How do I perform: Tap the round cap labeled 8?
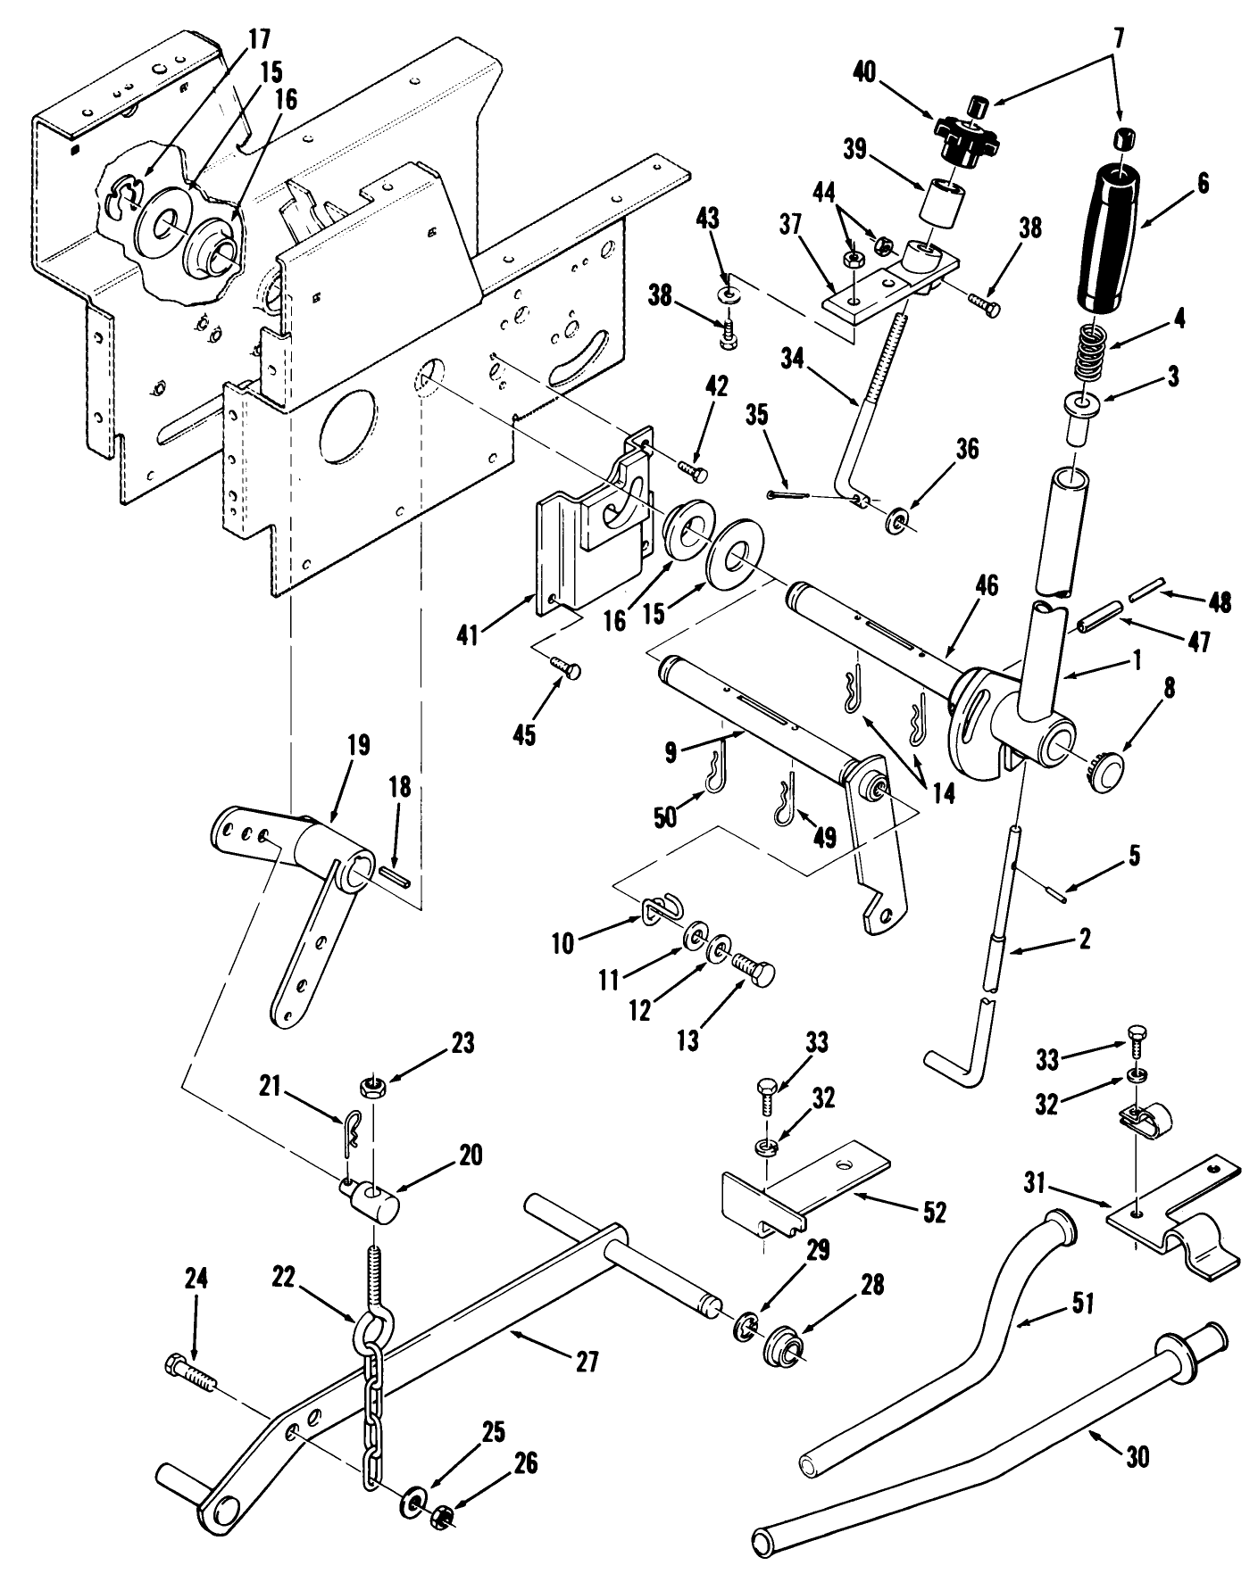coord(1107,766)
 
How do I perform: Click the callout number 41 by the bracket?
coord(468,635)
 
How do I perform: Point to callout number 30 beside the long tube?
coord(1137,1457)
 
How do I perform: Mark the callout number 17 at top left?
coord(258,40)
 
